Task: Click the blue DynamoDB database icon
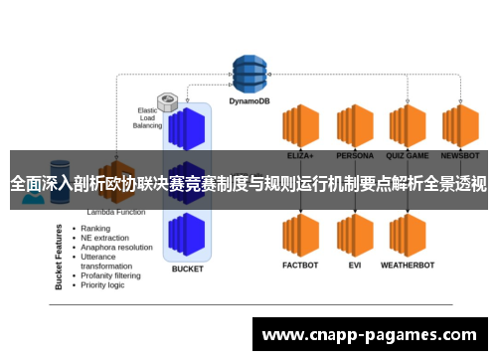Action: pyautogui.click(x=251, y=71)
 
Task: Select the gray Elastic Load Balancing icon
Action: pyautogui.click(x=167, y=101)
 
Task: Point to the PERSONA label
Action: pyautogui.click(x=354, y=156)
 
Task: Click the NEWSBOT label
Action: pyautogui.click(x=460, y=156)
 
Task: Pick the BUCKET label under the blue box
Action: pyautogui.click(x=187, y=269)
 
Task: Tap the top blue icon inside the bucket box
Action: pyautogui.click(x=187, y=128)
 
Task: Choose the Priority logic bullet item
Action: pyautogui.click(x=103, y=285)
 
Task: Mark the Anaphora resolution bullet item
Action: pyautogui.click(x=116, y=248)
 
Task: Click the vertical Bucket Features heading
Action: pyautogui.click(x=60, y=257)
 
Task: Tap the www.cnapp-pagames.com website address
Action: pyautogui.click(x=369, y=335)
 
